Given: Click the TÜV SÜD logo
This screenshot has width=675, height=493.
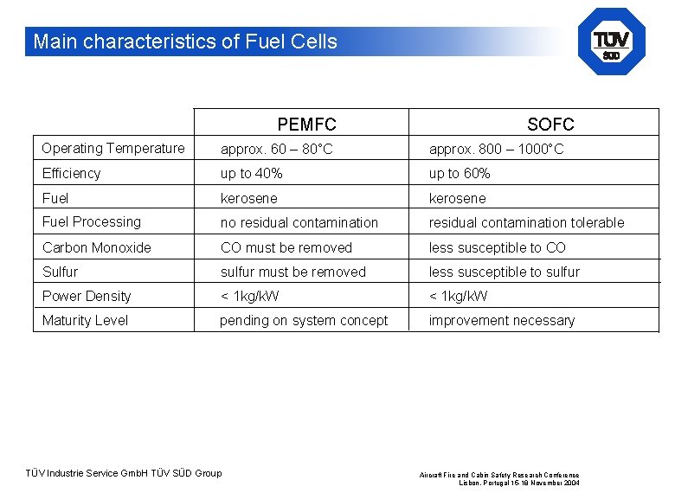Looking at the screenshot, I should [x=611, y=42].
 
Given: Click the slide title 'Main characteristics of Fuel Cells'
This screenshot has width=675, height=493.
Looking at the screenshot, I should [x=185, y=42].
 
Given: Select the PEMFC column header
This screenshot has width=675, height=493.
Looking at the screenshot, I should [x=306, y=125].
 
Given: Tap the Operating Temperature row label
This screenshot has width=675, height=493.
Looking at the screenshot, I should [x=113, y=149].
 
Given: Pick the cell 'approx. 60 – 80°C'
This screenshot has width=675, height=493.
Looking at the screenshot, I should [x=276, y=150].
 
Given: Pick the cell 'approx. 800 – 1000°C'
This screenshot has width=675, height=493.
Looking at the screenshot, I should [x=496, y=150].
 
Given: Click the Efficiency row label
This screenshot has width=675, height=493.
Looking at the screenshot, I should [x=71, y=173].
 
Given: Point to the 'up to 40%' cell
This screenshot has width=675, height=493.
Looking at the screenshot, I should [x=251, y=174].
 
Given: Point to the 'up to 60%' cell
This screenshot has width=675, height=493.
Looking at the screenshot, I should [x=460, y=174].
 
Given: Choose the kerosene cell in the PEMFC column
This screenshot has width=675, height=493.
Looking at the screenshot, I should [x=249, y=198].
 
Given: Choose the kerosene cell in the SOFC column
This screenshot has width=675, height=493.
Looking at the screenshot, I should [x=458, y=198].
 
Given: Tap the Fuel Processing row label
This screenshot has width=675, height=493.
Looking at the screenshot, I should [x=92, y=222].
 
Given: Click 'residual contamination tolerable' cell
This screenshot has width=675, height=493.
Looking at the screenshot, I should [x=526, y=223].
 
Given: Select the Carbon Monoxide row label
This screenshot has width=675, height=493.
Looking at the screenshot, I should [x=97, y=247].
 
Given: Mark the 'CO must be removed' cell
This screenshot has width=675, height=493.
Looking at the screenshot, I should [x=286, y=247].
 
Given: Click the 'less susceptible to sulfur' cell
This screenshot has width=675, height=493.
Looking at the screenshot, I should [x=505, y=272].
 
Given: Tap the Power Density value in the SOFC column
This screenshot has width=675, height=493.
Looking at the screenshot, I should [x=459, y=296].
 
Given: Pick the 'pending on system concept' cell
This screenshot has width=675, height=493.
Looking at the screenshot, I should [x=304, y=320].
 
